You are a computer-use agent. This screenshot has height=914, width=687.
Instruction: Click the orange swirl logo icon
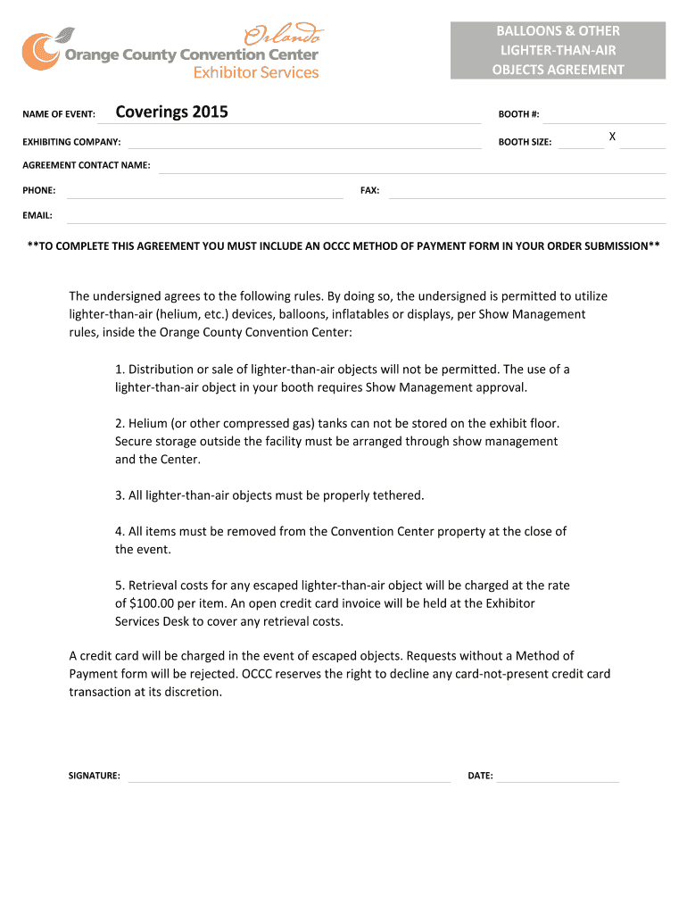(x=40, y=51)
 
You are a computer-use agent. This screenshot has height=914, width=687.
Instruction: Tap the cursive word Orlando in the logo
(x=284, y=36)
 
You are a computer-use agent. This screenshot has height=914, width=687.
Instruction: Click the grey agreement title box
(x=558, y=51)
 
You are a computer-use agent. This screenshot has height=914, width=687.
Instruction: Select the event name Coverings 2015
(x=172, y=112)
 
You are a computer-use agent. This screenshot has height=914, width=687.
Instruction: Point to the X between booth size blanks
(x=612, y=137)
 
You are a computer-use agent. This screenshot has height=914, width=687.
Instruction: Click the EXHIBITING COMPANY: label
(x=71, y=142)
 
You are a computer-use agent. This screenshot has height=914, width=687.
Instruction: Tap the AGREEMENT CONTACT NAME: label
(x=87, y=166)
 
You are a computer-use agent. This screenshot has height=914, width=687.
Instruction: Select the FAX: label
(x=369, y=191)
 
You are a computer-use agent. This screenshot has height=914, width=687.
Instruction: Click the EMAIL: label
(x=37, y=216)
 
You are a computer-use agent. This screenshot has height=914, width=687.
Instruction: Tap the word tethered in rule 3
(x=398, y=495)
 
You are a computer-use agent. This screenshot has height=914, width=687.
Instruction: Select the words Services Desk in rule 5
(x=153, y=621)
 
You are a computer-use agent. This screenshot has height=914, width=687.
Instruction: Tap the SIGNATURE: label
(x=95, y=777)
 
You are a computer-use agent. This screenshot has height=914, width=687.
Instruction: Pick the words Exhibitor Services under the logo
(x=256, y=73)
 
